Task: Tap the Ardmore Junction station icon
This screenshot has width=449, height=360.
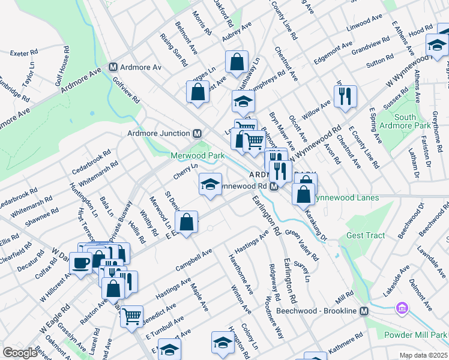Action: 196,133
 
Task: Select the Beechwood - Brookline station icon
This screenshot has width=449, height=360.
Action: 363,311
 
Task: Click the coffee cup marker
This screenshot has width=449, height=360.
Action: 80,262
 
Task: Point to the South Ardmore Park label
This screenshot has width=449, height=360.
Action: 414,121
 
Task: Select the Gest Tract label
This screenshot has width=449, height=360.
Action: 366,235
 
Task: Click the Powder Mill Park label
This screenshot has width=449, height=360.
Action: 422,334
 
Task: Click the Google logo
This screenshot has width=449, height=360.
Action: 20,353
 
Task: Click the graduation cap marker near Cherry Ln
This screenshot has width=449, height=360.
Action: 211,184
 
